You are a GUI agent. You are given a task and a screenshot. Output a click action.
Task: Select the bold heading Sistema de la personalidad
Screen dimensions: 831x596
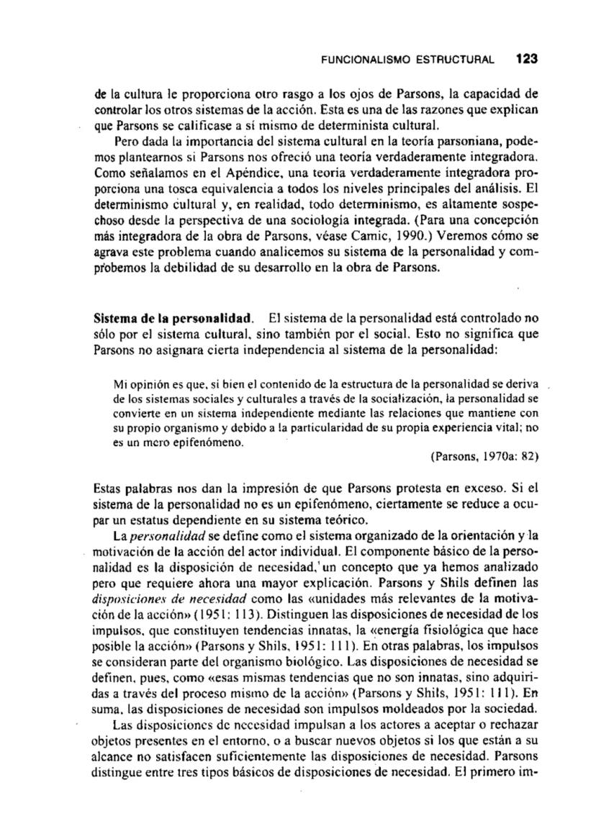[x=175, y=317]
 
